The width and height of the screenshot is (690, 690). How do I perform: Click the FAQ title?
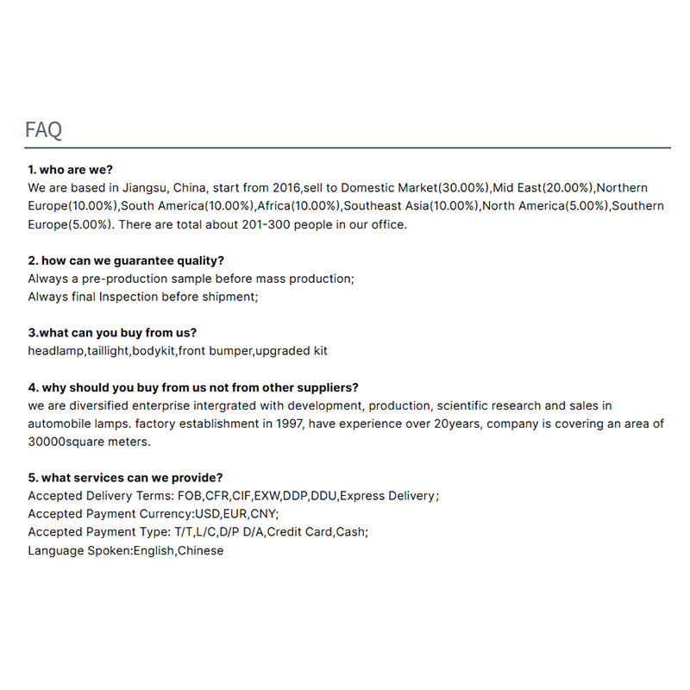(x=43, y=130)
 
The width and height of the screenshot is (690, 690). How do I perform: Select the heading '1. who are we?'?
(x=70, y=169)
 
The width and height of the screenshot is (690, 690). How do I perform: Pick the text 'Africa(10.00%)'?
(x=299, y=206)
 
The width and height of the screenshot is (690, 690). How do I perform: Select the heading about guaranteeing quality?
(x=126, y=260)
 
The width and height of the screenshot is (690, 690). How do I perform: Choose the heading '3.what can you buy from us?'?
(x=112, y=333)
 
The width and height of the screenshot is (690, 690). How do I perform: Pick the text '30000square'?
(x=65, y=442)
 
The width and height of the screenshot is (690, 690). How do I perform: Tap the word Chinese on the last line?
(x=200, y=550)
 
